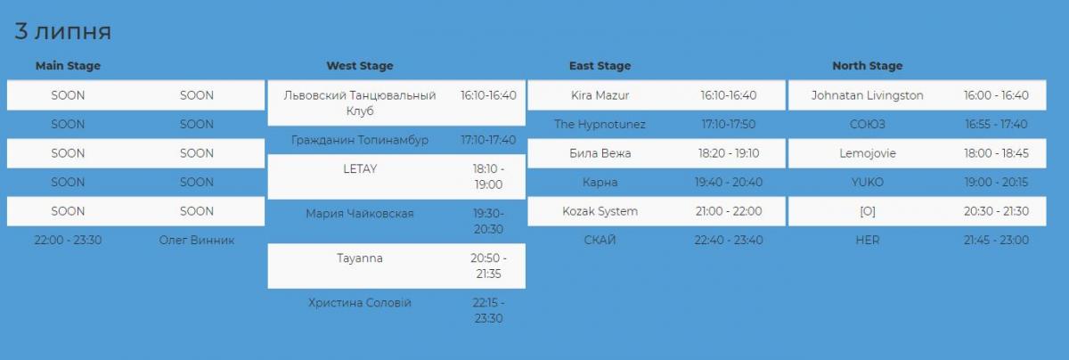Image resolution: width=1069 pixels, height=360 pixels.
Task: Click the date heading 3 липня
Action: click(62, 31)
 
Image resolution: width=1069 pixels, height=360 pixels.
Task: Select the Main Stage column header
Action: click(68, 65)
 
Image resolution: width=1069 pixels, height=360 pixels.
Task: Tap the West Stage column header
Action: click(360, 65)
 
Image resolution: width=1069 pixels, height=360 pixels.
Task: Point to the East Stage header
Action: click(600, 65)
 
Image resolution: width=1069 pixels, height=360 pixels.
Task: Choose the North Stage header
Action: click(867, 65)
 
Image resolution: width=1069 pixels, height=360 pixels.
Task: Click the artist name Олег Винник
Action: click(197, 241)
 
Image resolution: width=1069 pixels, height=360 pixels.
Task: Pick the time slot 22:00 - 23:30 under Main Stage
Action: click(68, 241)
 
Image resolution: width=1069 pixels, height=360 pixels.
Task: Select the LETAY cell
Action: click(360, 168)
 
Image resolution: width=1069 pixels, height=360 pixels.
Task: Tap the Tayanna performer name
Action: click(360, 258)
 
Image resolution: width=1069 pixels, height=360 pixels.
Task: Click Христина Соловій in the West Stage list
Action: click(360, 303)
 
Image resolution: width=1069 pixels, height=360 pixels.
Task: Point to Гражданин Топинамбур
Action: click(360, 140)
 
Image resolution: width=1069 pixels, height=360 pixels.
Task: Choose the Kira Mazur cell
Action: click(600, 95)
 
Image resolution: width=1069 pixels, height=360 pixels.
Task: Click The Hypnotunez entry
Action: click(600, 124)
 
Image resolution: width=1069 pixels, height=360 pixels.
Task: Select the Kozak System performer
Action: click(600, 211)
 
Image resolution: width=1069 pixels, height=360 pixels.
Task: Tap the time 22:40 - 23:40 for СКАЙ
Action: click(729, 241)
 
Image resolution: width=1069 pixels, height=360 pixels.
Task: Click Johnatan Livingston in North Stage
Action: click(867, 95)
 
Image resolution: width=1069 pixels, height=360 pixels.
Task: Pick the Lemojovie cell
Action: click(867, 153)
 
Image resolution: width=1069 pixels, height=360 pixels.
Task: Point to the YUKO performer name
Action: click(867, 182)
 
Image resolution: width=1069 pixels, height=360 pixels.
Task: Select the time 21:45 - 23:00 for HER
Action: click(996, 241)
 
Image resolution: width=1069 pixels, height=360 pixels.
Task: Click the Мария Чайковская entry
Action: click(360, 214)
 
